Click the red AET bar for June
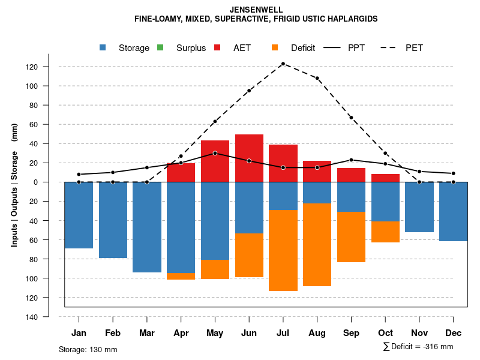coord(249,158)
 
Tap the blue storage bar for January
coord(79,215)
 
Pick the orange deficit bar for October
coord(385,232)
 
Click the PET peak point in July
coord(283,64)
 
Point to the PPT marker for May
coord(215,153)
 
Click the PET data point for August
coord(317,78)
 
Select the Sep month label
coord(352,333)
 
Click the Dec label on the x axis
coord(454,333)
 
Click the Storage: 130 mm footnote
coord(88,349)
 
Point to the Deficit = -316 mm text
coord(418,347)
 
